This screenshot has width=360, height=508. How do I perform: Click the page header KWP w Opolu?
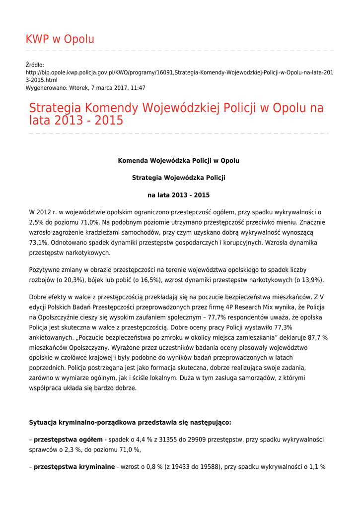pyautogui.click(x=60, y=39)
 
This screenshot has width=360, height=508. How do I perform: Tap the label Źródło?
pyautogui.click(x=35, y=64)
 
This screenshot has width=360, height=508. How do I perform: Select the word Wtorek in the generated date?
pyautogui.click(x=80, y=87)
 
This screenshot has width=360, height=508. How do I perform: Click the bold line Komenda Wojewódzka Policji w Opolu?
pyautogui.click(x=178, y=161)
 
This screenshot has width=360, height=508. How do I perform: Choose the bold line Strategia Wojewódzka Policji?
pyautogui.click(x=178, y=178)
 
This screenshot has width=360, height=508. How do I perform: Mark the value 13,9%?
pyautogui.click(x=311, y=280)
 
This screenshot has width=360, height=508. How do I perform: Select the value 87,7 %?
pyautogui.click(x=315, y=337)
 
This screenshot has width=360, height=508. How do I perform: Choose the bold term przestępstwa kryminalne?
pyautogui.click(x=74, y=467)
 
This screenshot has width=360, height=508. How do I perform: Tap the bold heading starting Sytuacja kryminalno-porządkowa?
pyautogui.click(x=130, y=423)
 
